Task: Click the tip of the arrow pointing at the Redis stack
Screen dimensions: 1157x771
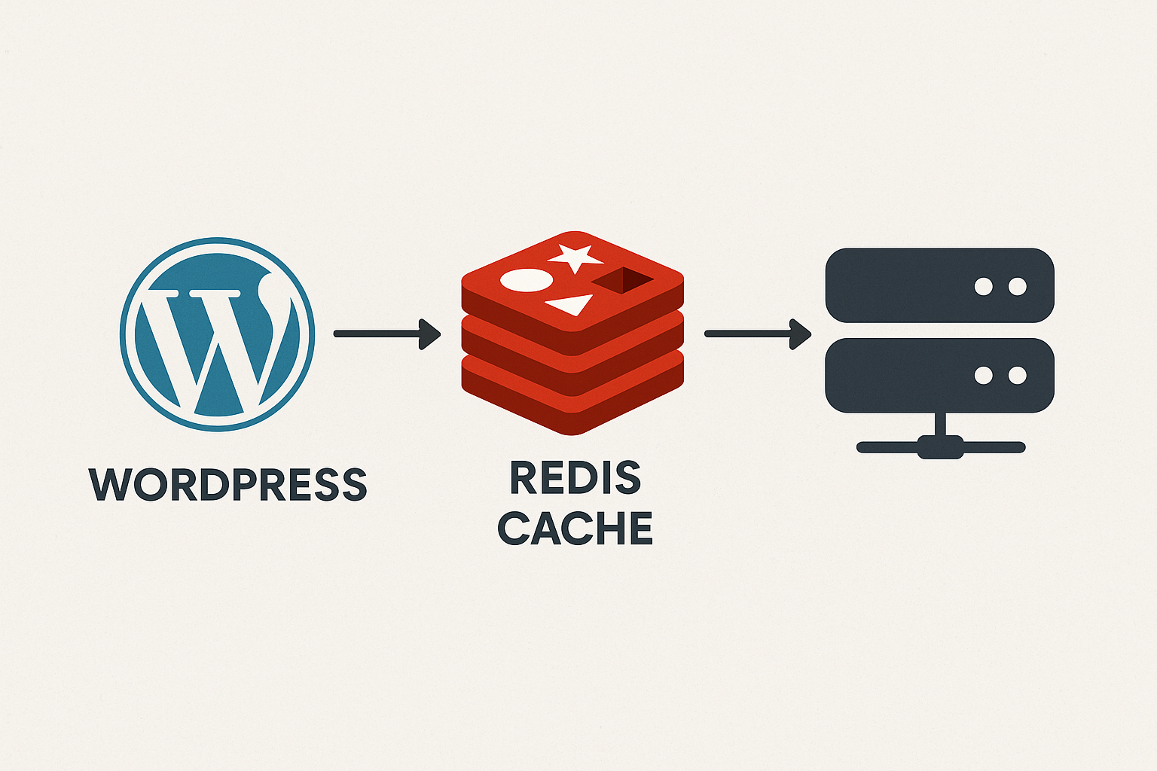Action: click(441, 334)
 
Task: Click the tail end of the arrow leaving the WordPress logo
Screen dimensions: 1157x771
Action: click(334, 334)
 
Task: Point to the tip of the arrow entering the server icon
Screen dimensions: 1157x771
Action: click(811, 334)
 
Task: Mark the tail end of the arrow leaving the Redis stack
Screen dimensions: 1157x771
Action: click(706, 334)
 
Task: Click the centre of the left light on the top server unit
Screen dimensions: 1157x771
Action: click(984, 287)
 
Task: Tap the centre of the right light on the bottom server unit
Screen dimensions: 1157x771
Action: click(1018, 376)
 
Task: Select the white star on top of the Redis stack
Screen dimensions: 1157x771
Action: click(575, 258)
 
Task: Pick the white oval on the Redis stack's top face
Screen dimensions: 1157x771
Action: click(527, 280)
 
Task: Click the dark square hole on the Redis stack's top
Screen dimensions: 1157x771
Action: click(623, 280)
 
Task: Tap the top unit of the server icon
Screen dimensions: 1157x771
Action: click(939, 285)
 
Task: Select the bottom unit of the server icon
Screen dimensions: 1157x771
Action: click(939, 376)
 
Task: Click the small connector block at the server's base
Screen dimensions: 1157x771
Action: click(940, 447)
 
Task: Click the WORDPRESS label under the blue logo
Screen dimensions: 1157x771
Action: click(227, 484)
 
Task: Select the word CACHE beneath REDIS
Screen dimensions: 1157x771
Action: click(575, 529)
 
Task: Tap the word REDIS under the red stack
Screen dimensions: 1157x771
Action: click(575, 477)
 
